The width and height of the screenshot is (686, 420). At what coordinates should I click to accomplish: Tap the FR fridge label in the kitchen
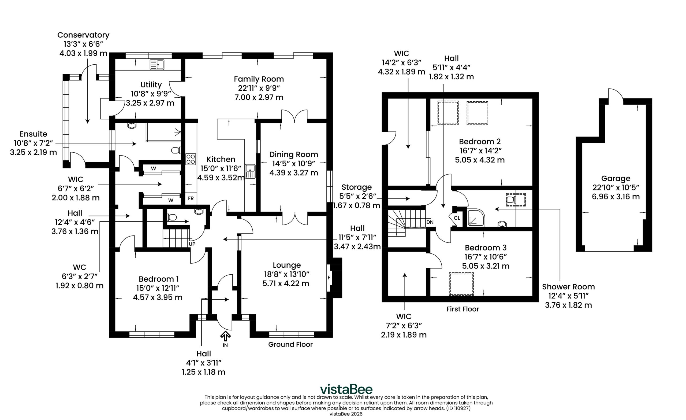(191, 199)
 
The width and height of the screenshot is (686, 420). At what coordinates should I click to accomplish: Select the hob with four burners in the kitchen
(191, 159)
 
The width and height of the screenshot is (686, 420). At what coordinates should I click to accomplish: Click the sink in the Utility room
(157, 64)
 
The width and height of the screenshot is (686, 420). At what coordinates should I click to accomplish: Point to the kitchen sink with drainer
(250, 171)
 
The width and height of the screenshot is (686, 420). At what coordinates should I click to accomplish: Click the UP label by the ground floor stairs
(192, 244)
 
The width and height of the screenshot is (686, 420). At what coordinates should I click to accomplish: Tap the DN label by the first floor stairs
(430, 222)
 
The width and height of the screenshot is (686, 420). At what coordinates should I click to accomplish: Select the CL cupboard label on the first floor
(457, 218)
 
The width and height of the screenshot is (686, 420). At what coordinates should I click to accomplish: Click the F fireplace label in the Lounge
(329, 278)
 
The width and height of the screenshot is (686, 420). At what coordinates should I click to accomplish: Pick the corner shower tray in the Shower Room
(476, 218)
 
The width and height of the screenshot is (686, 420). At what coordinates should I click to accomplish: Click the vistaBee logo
(346, 389)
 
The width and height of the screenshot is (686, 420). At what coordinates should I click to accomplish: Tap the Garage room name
(616, 178)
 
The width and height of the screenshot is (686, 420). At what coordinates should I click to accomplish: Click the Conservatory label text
(83, 35)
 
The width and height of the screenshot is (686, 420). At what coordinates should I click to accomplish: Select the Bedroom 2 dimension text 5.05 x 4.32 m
(480, 160)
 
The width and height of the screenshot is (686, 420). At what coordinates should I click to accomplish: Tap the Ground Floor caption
(290, 344)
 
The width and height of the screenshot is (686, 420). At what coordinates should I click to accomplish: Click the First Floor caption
(463, 309)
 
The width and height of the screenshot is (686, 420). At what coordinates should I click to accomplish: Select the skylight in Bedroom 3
(461, 284)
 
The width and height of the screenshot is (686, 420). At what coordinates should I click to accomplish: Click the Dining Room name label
(294, 155)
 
